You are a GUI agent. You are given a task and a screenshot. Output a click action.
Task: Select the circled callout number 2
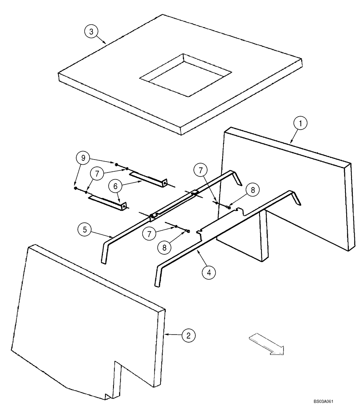tap(189, 335)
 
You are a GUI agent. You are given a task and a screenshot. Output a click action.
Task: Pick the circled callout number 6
tap(116, 187)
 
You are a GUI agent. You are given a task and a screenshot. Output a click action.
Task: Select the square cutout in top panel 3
tap(185, 76)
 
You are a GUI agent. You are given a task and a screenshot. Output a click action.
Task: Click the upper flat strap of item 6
tap(147, 179)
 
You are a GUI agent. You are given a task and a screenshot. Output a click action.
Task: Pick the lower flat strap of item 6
tap(106, 202)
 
